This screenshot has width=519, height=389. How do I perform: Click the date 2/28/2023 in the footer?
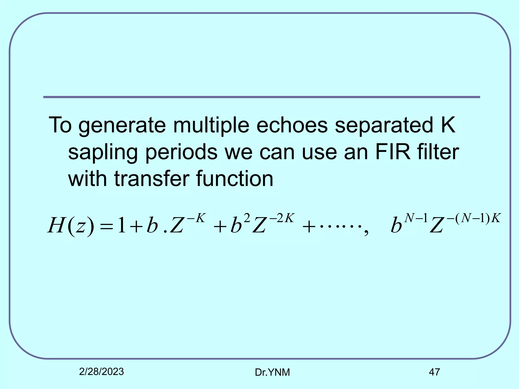(101, 372)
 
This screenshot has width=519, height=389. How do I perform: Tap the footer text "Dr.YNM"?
(272, 372)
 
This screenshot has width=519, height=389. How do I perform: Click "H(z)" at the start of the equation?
(71, 225)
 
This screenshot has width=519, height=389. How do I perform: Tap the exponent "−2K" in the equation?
(282, 218)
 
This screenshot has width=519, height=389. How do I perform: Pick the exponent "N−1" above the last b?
(416, 218)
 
